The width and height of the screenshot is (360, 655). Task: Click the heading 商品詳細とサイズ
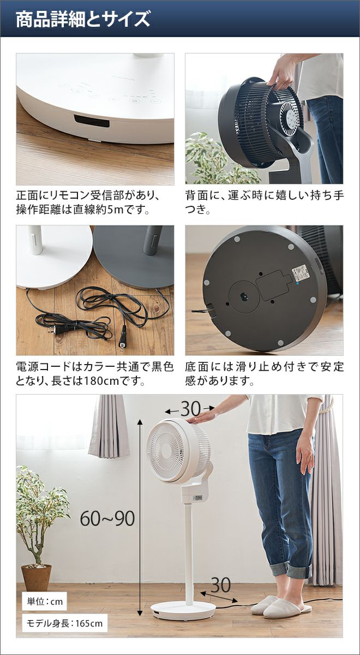tap(83, 20)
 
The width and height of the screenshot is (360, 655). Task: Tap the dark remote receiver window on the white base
tap(92, 121)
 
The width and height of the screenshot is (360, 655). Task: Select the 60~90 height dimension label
tap(107, 519)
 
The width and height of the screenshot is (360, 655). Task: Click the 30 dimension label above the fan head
tap(190, 409)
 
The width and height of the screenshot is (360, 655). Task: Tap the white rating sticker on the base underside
tap(302, 272)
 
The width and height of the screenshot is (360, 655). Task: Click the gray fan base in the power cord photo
tap(134, 257)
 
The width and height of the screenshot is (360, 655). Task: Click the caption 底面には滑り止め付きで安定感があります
tap(264, 374)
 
